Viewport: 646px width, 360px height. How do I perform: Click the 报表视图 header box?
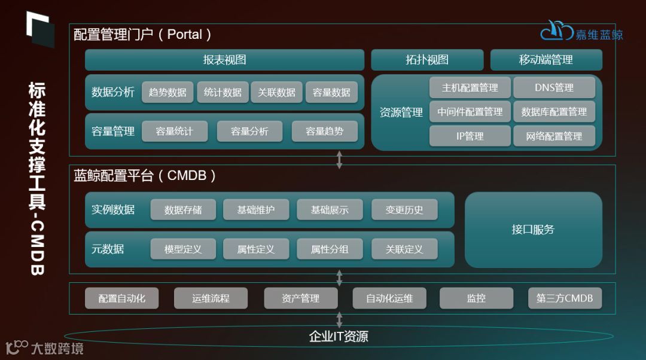[224, 60]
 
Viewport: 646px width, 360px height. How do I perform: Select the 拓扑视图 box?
[427, 60]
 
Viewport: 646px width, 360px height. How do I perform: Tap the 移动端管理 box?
[546, 60]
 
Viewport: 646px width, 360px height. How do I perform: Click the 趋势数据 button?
[167, 92]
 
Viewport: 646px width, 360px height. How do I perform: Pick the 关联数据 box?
[277, 92]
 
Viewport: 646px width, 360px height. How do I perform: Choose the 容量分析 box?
[249, 132]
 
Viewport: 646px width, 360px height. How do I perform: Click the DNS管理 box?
[554, 88]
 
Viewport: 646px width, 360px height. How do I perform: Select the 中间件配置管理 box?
[470, 112]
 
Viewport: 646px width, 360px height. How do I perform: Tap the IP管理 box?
[470, 136]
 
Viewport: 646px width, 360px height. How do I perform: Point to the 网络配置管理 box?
[554, 136]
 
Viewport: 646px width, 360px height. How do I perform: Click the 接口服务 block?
[533, 230]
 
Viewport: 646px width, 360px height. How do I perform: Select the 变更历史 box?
[404, 210]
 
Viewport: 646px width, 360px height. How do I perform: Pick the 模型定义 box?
[183, 249]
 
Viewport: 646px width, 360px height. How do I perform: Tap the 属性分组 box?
[330, 249]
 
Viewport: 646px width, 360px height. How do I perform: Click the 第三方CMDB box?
[565, 298]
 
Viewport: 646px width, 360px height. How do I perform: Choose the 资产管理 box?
[300, 298]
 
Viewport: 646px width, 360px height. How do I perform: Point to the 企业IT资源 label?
[339, 337]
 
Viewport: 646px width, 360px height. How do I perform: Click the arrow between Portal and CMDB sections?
[340, 160]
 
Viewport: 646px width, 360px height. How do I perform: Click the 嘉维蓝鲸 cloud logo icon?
[556, 31]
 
